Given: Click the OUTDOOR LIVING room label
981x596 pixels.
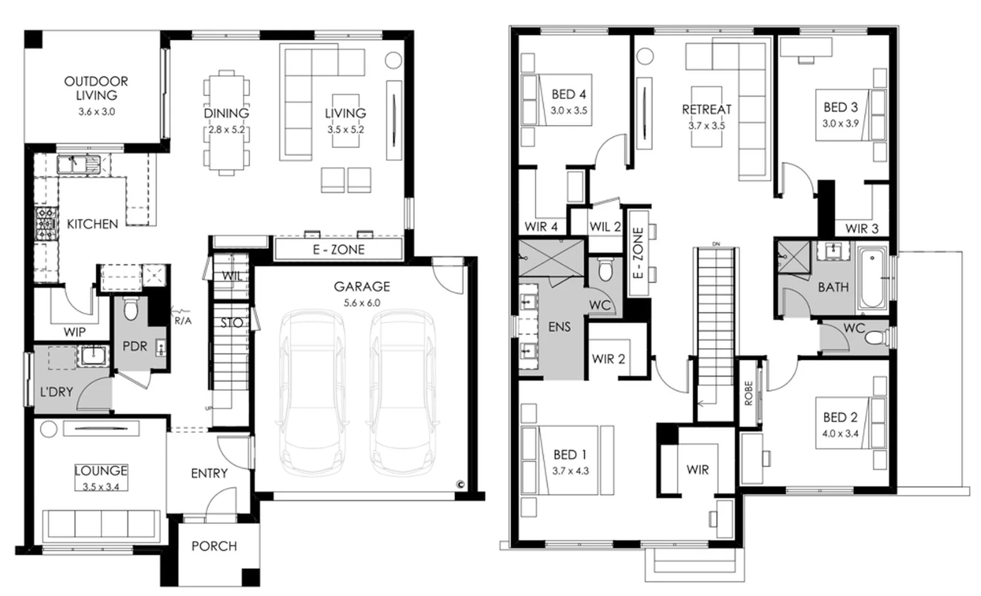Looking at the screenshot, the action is pos(96,88).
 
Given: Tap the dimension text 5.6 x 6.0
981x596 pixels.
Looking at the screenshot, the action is pos(362,303).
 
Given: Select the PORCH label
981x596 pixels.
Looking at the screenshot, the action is pos(214,546).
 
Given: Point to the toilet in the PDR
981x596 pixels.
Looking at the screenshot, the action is pos(130,308).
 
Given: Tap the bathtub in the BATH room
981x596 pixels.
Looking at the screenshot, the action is pos(872,279).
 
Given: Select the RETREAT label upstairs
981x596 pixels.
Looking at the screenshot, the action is pos(706,109).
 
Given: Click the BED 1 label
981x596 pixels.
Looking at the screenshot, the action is pos(570,455).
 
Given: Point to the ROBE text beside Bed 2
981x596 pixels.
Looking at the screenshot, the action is pos(748,393).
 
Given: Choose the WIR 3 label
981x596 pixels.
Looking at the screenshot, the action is pos(861,228).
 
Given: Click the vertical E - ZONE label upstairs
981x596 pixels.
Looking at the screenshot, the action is pos(638,253).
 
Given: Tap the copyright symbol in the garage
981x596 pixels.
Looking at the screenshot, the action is pos(460,485).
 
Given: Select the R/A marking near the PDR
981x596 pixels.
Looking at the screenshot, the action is pos(183,321).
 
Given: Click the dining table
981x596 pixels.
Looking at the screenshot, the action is pos(226,123).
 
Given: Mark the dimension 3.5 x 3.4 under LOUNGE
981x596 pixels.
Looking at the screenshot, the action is pos(101,487).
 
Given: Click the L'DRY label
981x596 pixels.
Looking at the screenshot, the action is pos(56,392).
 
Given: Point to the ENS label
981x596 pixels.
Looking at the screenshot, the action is pos(559,327).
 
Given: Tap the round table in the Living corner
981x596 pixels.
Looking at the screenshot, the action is pos(393,60).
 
